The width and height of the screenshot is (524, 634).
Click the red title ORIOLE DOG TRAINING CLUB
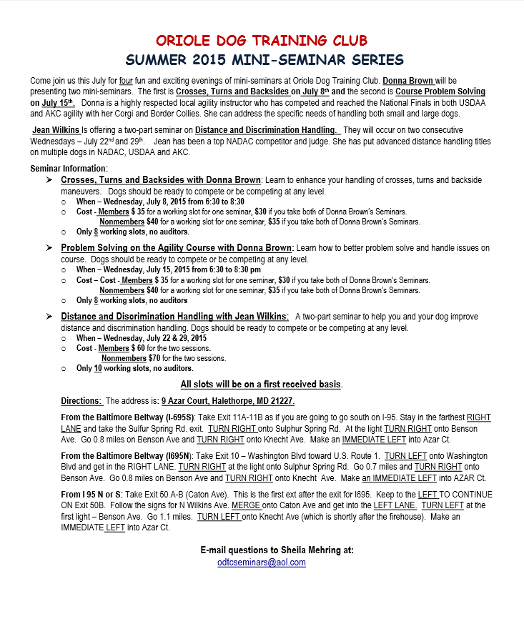(x=262, y=40)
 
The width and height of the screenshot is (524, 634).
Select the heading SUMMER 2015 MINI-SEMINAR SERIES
(x=262, y=60)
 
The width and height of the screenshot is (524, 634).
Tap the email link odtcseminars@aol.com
(x=262, y=563)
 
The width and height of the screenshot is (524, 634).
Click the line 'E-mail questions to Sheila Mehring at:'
(x=277, y=550)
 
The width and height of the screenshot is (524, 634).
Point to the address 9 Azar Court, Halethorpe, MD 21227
(x=228, y=402)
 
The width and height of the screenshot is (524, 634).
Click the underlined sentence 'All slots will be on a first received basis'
(x=261, y=385)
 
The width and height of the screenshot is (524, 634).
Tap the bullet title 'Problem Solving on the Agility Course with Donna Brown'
(x=177, y=247)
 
